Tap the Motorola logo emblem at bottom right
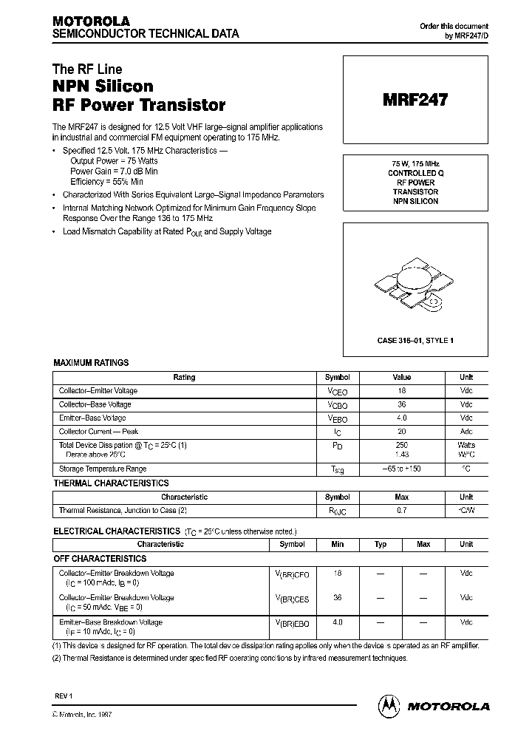coord(388,705)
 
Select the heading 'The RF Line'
coord(87,69)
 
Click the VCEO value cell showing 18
coord(401,390)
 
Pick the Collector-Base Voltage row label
coord(95,404)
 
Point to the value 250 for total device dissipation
coord(401,445)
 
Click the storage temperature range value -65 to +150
coord(401,469)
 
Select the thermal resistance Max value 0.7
coord(401,511)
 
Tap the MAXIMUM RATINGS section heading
coord(91,363)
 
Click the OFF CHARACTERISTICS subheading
coord(100,559)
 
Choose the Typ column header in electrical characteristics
coord(381,544)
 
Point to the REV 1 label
coord(65,698)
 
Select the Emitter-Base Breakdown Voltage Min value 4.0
coord(338,622)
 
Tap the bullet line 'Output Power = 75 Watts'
coord(114,160)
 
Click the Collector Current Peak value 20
coord(401,432)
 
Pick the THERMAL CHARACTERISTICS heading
coord(111,483)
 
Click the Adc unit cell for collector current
coord(466,432)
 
